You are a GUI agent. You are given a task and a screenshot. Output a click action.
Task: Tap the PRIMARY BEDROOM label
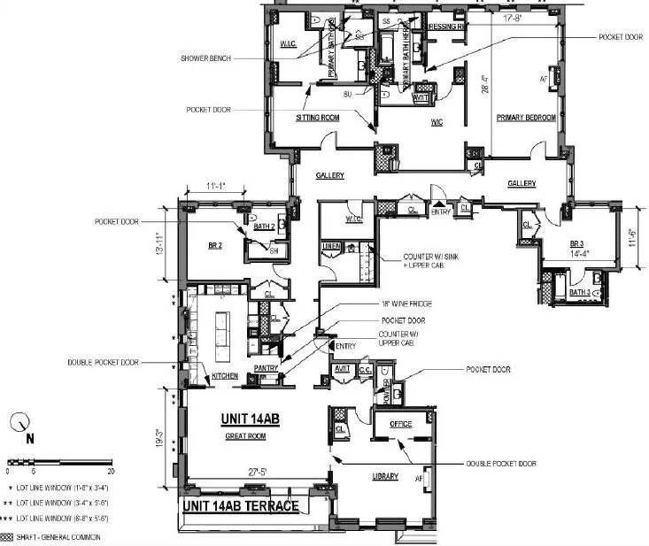[x=525, y=118]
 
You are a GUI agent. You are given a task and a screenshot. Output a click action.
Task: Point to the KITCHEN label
[x=224, y=376]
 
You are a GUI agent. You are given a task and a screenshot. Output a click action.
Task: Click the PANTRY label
[x=266, y=368]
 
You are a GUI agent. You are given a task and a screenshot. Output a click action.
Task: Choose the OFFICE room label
[x=400, y=424]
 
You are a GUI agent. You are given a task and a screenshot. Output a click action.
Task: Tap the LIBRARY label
[x=384, y=477]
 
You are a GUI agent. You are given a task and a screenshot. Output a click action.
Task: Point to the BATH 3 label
[x=579, y=292]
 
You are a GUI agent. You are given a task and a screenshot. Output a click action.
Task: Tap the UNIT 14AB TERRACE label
[x=240, y=507]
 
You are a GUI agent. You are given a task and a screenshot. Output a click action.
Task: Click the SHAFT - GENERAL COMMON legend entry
[x=61, y=536]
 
